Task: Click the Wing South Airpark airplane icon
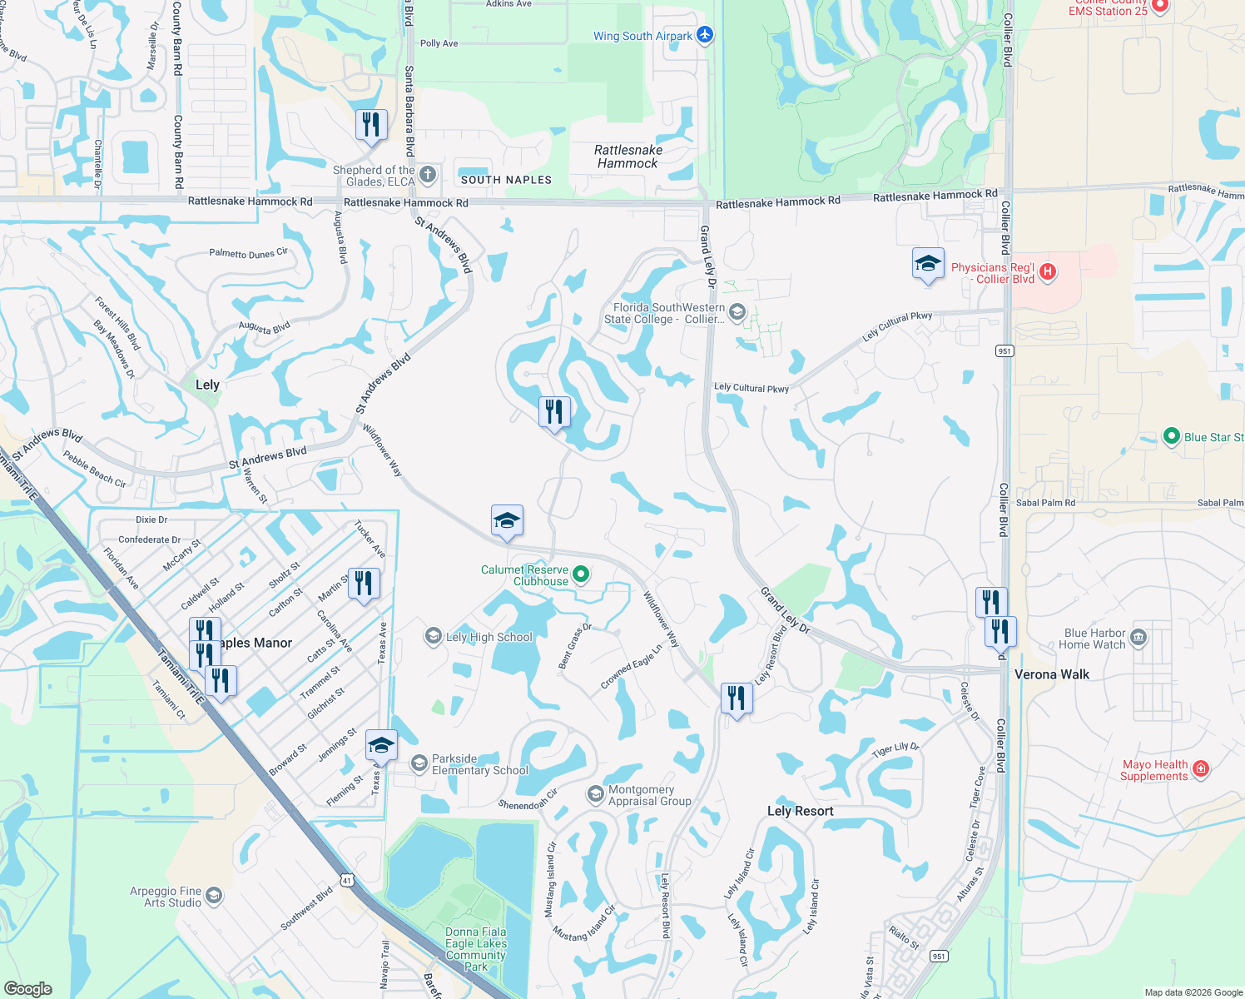[705, 35]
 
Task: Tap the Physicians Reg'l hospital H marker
[1048, 271]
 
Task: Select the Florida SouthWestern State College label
[664, 313]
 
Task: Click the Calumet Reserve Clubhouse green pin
[582, 574]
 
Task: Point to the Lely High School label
[489, 637]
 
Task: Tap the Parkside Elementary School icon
[419, 763]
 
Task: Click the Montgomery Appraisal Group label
[649, 795]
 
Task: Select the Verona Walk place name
[1051, 674]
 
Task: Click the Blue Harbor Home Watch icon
[1138, 639]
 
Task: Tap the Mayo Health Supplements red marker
[1200, 768]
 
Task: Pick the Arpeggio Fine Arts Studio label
[166, 897]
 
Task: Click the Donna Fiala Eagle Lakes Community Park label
[475, 949]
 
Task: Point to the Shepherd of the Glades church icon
[427, 174]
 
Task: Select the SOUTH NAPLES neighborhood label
[506, 180]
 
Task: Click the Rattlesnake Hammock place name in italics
[628, 157]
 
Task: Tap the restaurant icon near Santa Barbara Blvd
[371, 125]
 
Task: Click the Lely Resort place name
[800, 811]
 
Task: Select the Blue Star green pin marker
[1171, 436]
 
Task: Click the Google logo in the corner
[28, 988]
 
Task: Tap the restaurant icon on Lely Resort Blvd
[737, 698]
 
